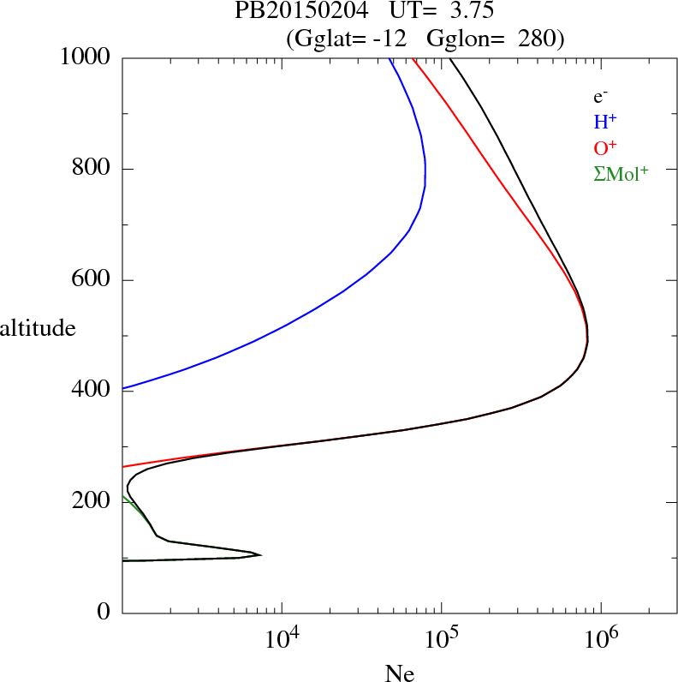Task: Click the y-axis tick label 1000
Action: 86,58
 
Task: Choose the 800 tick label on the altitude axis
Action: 92,169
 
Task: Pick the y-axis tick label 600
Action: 92,280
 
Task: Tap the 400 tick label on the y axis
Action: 92,391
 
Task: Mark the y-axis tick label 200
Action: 92,502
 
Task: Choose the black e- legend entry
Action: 600,97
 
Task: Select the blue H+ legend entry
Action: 605,122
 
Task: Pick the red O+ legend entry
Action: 605,147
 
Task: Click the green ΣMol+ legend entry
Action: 621,173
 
